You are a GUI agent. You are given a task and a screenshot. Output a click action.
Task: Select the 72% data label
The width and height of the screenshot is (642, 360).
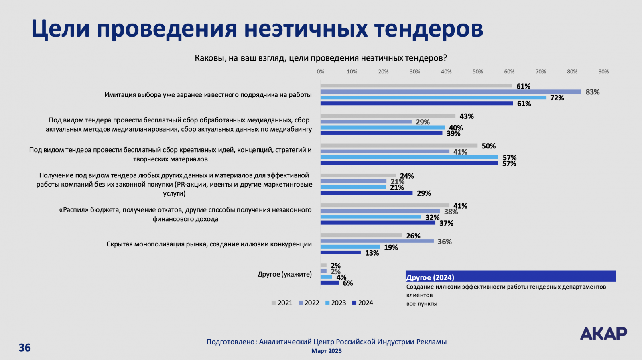[557, 98]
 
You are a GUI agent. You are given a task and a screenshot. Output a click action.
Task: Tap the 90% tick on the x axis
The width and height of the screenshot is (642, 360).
[603, 72]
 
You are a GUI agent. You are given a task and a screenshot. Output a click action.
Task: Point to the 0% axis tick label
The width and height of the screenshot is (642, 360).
[321, 72]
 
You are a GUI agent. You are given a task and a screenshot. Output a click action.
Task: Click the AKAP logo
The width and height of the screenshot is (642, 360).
[603, 334]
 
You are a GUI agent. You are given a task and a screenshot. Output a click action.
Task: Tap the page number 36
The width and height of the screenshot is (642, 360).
[25, 348]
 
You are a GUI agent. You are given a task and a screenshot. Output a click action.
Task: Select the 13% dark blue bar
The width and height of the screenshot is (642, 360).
[341, 253]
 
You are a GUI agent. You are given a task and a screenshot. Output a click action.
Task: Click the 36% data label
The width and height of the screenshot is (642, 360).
[445, 242]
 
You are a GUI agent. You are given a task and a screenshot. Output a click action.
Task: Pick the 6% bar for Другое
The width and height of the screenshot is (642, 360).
[330, 283]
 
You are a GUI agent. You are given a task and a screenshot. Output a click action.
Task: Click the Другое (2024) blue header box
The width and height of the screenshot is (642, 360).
[510, 277]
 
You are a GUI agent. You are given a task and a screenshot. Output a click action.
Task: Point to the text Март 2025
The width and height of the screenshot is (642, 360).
[327, 351]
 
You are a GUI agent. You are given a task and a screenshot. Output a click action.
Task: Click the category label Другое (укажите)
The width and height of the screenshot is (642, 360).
[284, 275]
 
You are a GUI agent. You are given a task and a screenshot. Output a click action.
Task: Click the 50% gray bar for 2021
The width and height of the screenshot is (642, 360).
[399, 146]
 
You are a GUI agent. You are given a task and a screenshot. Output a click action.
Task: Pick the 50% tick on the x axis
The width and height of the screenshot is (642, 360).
[477, 72]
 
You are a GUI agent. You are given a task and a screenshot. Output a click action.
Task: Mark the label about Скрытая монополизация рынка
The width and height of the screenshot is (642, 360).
[209, 244]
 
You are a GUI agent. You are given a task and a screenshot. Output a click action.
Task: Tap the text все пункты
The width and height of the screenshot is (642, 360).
[422, 304]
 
